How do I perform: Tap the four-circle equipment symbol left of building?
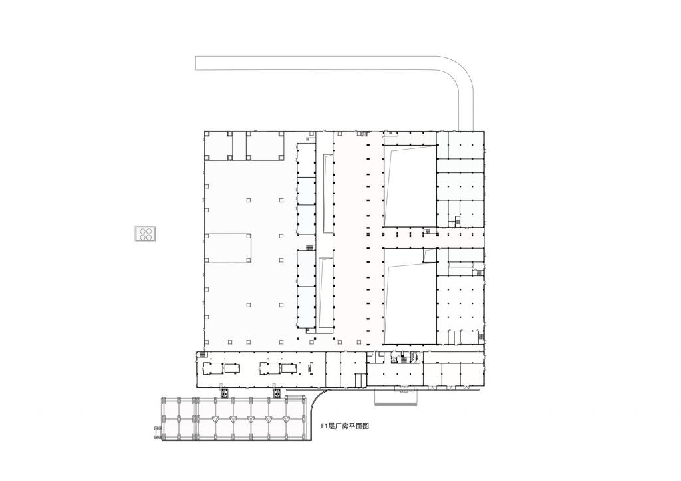click(146, 234)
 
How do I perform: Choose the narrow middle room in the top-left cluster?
click(239, 145)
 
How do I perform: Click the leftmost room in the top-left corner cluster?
click(217, 145)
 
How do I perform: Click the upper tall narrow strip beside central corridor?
click(327, 193)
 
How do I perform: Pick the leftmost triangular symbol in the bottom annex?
click(217, 420)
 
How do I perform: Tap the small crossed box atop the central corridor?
click(364, 134)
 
